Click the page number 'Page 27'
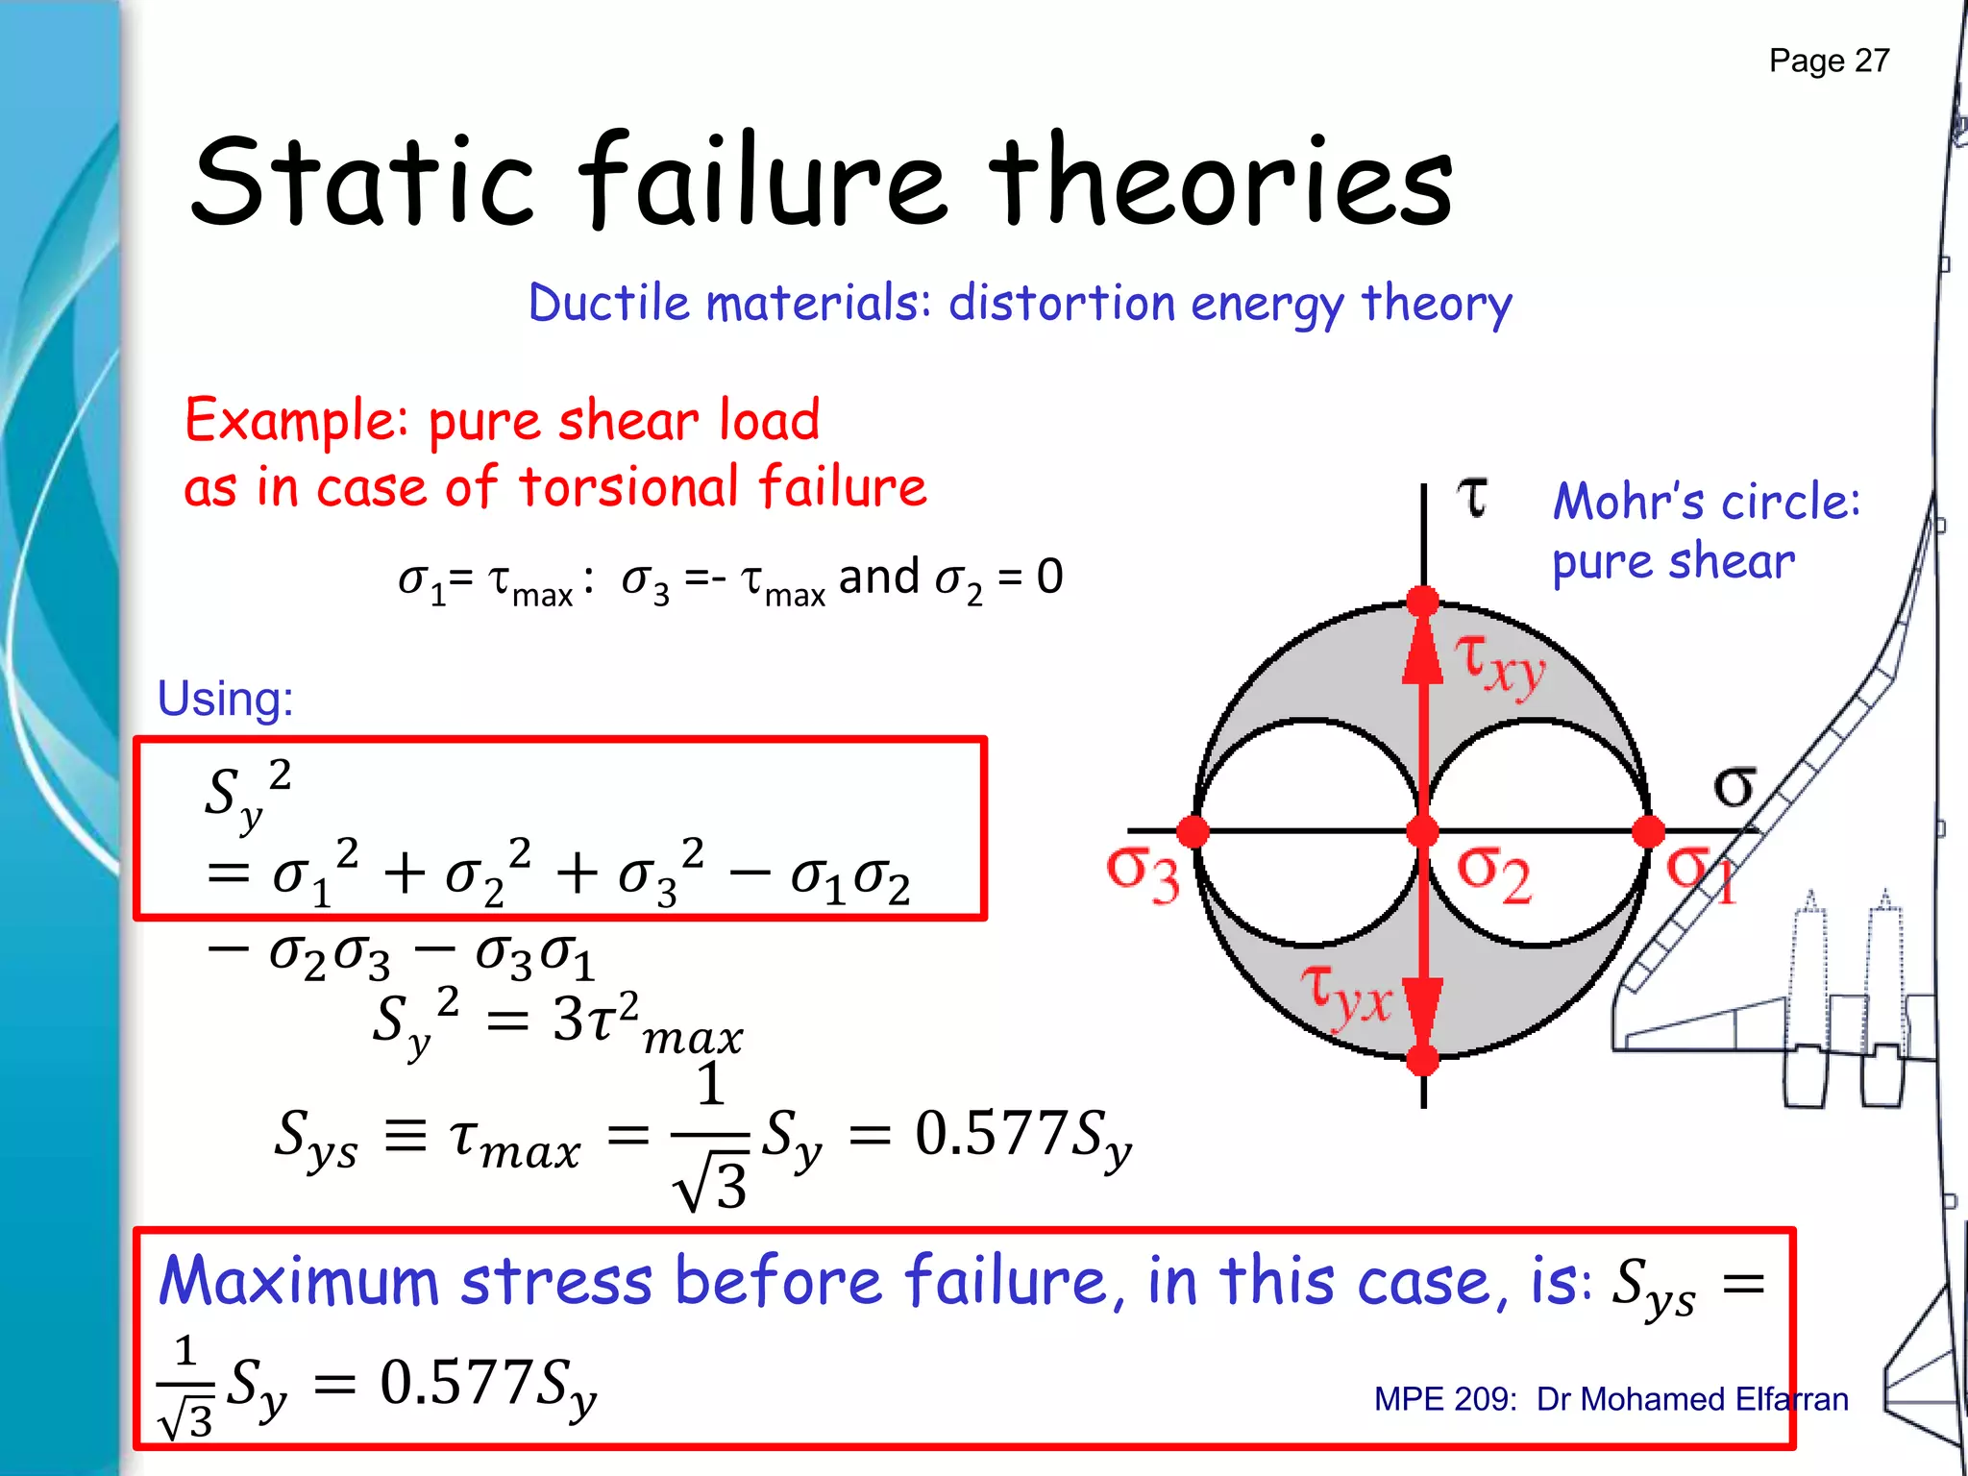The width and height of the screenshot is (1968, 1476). (x=1829, y=61)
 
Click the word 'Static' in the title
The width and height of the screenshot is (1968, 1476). (x=361, y=183)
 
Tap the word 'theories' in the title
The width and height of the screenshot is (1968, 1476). (x=1221, y=183)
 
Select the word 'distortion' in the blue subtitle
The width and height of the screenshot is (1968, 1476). (x=1062, y=304)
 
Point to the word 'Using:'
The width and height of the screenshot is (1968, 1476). (x=225, y=699)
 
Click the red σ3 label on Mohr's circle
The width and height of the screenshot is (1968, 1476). (x=1143, y=873)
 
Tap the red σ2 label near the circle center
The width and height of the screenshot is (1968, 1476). (x=1494, y=873)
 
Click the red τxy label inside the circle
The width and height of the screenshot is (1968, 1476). (x=1500, y=663)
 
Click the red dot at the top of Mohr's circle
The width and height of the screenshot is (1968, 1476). (x=1422, y=602)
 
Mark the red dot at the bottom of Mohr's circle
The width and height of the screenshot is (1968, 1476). (x=1422, y=1060)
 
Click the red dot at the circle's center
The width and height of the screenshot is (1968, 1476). (x=1422, y=831)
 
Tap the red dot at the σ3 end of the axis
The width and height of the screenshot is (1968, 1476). (x=1193, y=831)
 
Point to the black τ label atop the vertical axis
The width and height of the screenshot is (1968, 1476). (x=1472, y=497)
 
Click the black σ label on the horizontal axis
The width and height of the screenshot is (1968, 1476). (x=1734, y=787)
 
